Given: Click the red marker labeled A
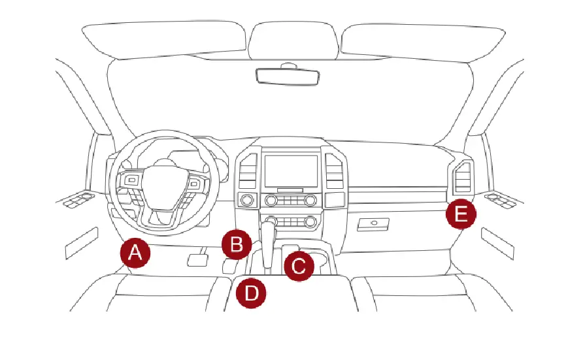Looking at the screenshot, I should [135, 253].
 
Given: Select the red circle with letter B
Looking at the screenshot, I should [236, 245].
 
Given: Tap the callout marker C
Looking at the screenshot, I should [299, 266].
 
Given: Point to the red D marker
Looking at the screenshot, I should [252, 293].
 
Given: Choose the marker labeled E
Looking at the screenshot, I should [461, 214].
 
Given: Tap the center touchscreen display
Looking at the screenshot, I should [291, 167].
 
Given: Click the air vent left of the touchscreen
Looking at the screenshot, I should [248, 172].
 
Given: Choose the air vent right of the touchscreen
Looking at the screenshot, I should [334, 172].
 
